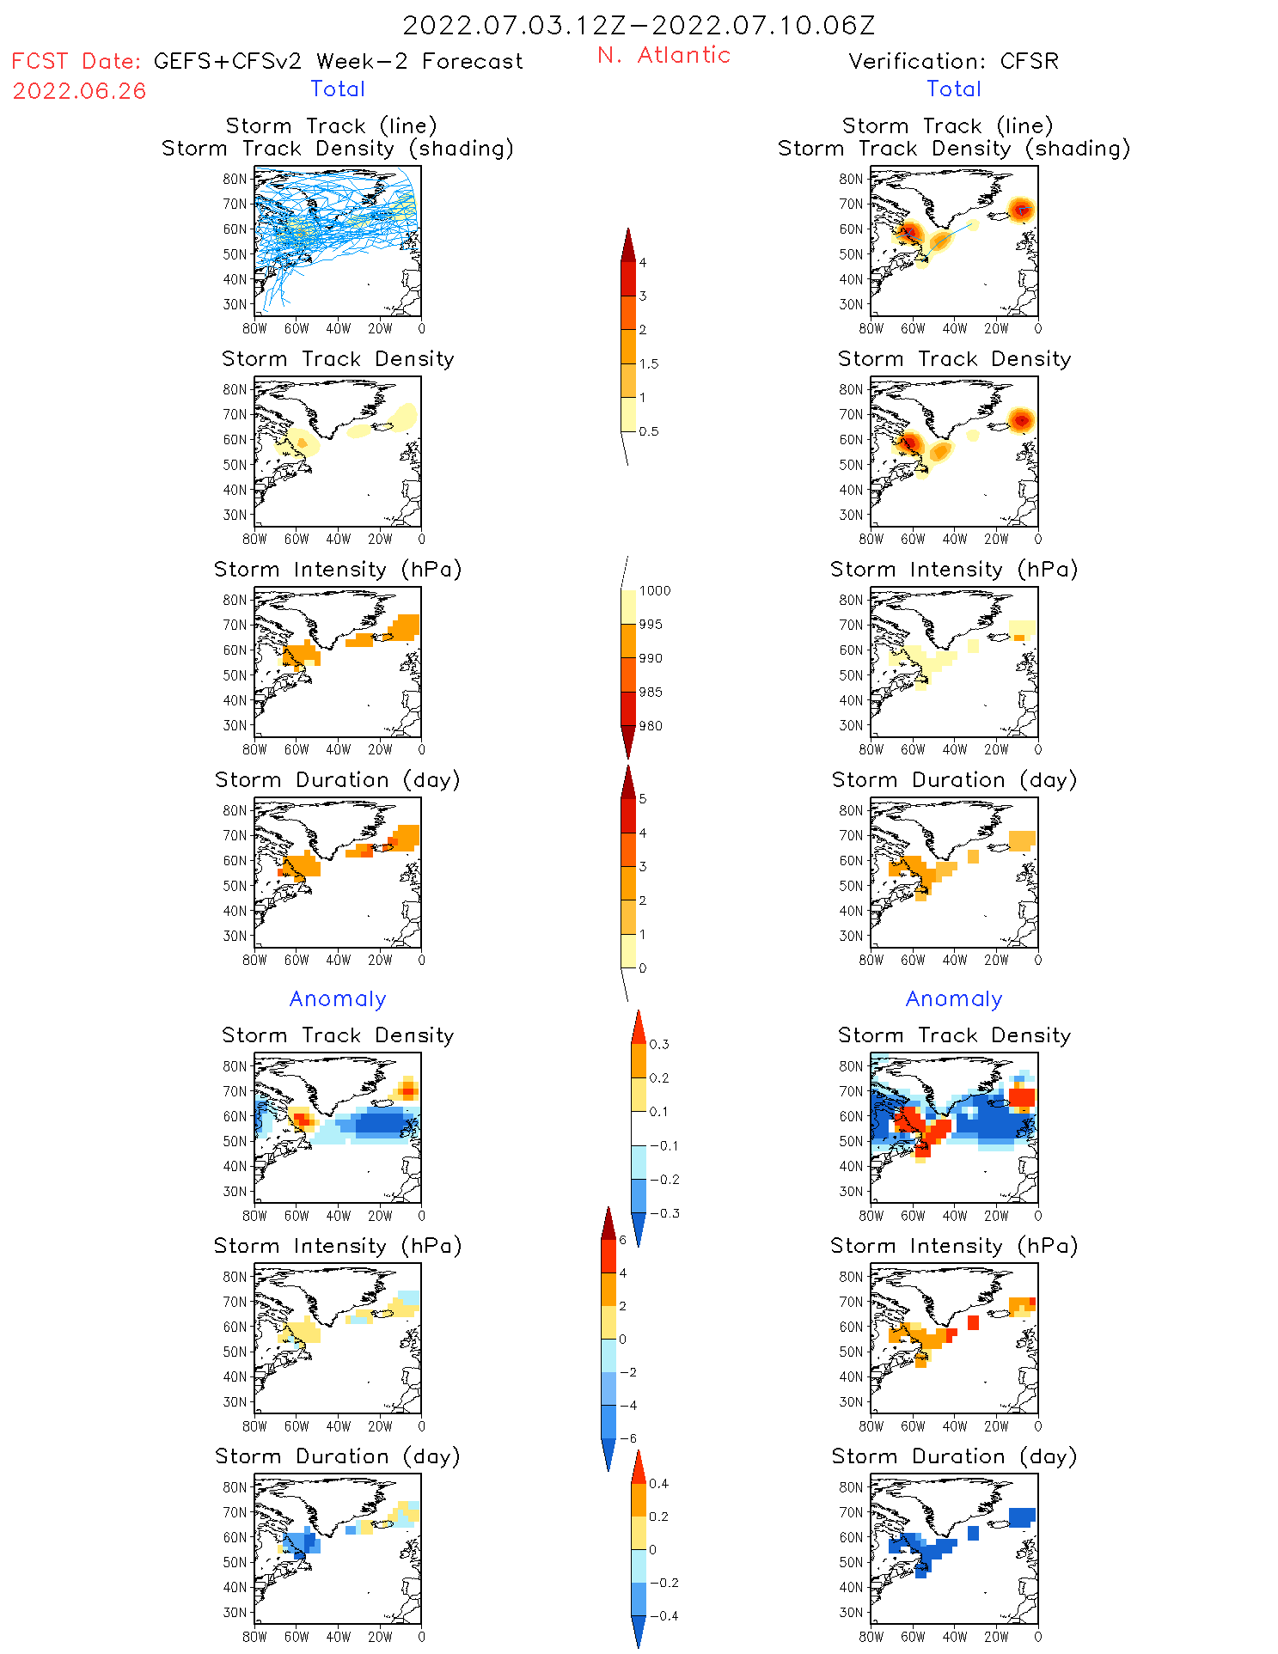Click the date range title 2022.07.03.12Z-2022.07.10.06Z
[x=639, y=26]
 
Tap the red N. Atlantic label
[x=663, y=55]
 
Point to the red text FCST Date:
[x=76, y=61]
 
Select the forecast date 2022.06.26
[x=79, y=91]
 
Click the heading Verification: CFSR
[x=953, y=61]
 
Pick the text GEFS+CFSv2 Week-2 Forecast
[x=338, y=61]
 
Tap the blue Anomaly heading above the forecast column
[x=338, y=998]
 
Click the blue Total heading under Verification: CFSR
[x=953, y=88]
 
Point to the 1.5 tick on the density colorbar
[x=649, y=363]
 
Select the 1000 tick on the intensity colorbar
[x=654, y=590]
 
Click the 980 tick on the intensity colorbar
[x=651, y=726]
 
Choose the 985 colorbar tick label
[x=651, y=692]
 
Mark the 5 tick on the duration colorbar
[x=643, y=799]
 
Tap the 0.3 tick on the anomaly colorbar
[x=658, y=1044]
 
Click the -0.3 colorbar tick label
[x=663, y=1213]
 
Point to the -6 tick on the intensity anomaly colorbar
[x=627, y=1438]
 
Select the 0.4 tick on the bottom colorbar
[x=658, y=1483]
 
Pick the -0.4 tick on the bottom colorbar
[x=663, y=1615]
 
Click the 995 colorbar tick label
[x=651, y=625]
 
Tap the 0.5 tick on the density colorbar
[x=649, y=431]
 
